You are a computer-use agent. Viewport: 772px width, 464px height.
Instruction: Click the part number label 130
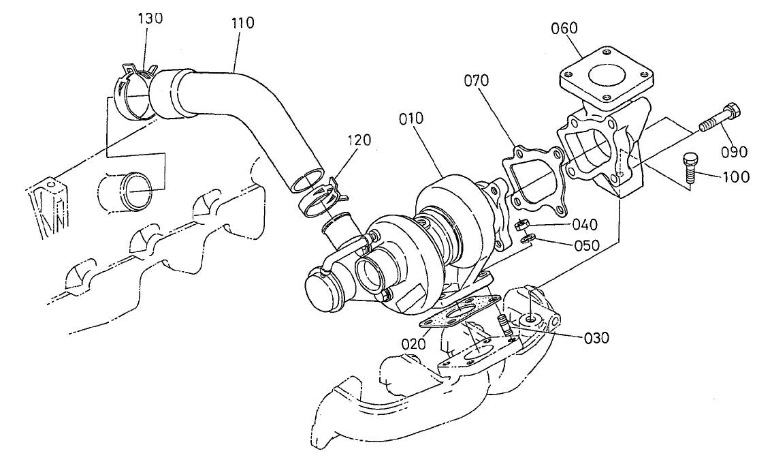point(150,18)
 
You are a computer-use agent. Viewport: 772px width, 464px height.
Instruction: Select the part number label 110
point(242,22)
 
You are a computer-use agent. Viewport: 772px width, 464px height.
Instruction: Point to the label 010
point(413,118)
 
